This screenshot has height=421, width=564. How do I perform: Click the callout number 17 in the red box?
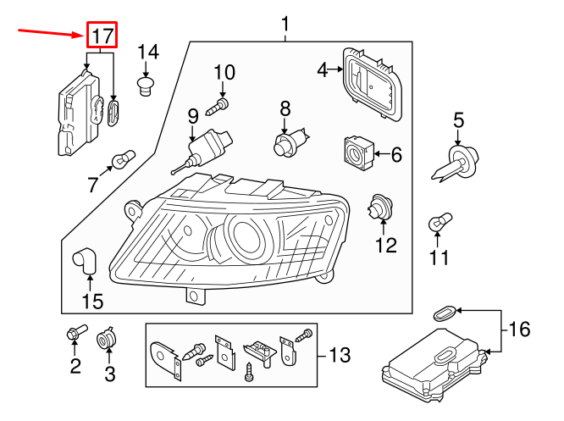pyautogui.click(x=102, y=36)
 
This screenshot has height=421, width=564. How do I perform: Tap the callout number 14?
pyautogui.click(x=147, y=53)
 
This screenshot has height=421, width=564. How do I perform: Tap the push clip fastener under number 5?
pyautogui.click(x=457, y=160)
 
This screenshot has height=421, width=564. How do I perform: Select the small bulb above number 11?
pyautogui.click(x=438, y=223)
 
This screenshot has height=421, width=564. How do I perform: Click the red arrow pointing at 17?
pyautogui.click(x=51, y=32)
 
